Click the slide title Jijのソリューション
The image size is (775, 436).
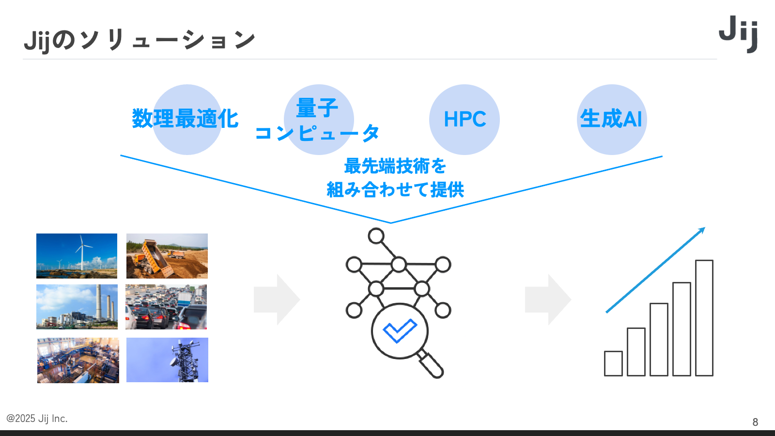pos(139,40)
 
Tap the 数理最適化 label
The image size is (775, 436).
pos(185,119)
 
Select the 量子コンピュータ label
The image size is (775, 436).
pos(317,120)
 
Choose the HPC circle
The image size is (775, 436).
pos(464,119)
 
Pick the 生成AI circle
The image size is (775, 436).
pos(611,119)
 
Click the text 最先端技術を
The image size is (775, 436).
pos(395,166)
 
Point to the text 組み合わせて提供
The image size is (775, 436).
pos(395,189)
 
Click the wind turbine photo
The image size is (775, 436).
pos(77,256)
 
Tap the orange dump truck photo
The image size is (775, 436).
pos(167,256)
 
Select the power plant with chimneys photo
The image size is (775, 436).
pos(77,307)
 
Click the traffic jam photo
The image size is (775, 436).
pos(166,307)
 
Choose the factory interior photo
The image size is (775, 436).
pos(78,360)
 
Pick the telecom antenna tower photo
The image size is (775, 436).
pos(167,360)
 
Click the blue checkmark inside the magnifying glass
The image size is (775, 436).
pos(400,330)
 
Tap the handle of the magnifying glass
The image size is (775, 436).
pos(431,365)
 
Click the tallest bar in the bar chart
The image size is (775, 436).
pos(704,318)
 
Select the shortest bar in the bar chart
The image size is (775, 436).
pos(613,363)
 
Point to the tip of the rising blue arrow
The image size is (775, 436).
pos(704,228)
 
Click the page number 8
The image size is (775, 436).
pos(755,422)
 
